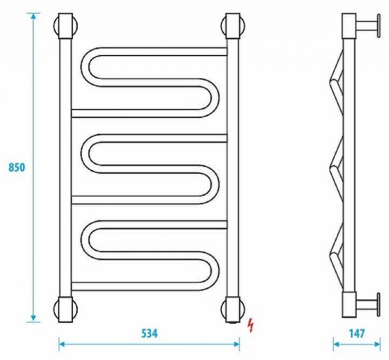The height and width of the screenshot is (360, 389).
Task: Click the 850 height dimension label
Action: pos(17,167)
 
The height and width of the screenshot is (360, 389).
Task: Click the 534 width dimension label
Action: pos(149,333)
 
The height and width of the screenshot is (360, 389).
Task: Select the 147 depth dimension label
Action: pos(357,333)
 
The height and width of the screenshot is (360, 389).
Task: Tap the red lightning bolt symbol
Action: pos(251,325)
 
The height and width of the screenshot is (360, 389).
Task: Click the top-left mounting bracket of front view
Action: pos(66,26)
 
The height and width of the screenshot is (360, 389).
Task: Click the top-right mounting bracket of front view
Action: pos(233,26)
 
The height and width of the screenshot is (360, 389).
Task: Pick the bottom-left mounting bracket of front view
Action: pos(66,309)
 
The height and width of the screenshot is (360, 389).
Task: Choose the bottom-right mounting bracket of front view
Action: pos(233,309)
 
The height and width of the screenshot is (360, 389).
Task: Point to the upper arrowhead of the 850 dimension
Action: pos(33,16)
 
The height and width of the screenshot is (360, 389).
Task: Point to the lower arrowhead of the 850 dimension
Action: pos(33,318)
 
